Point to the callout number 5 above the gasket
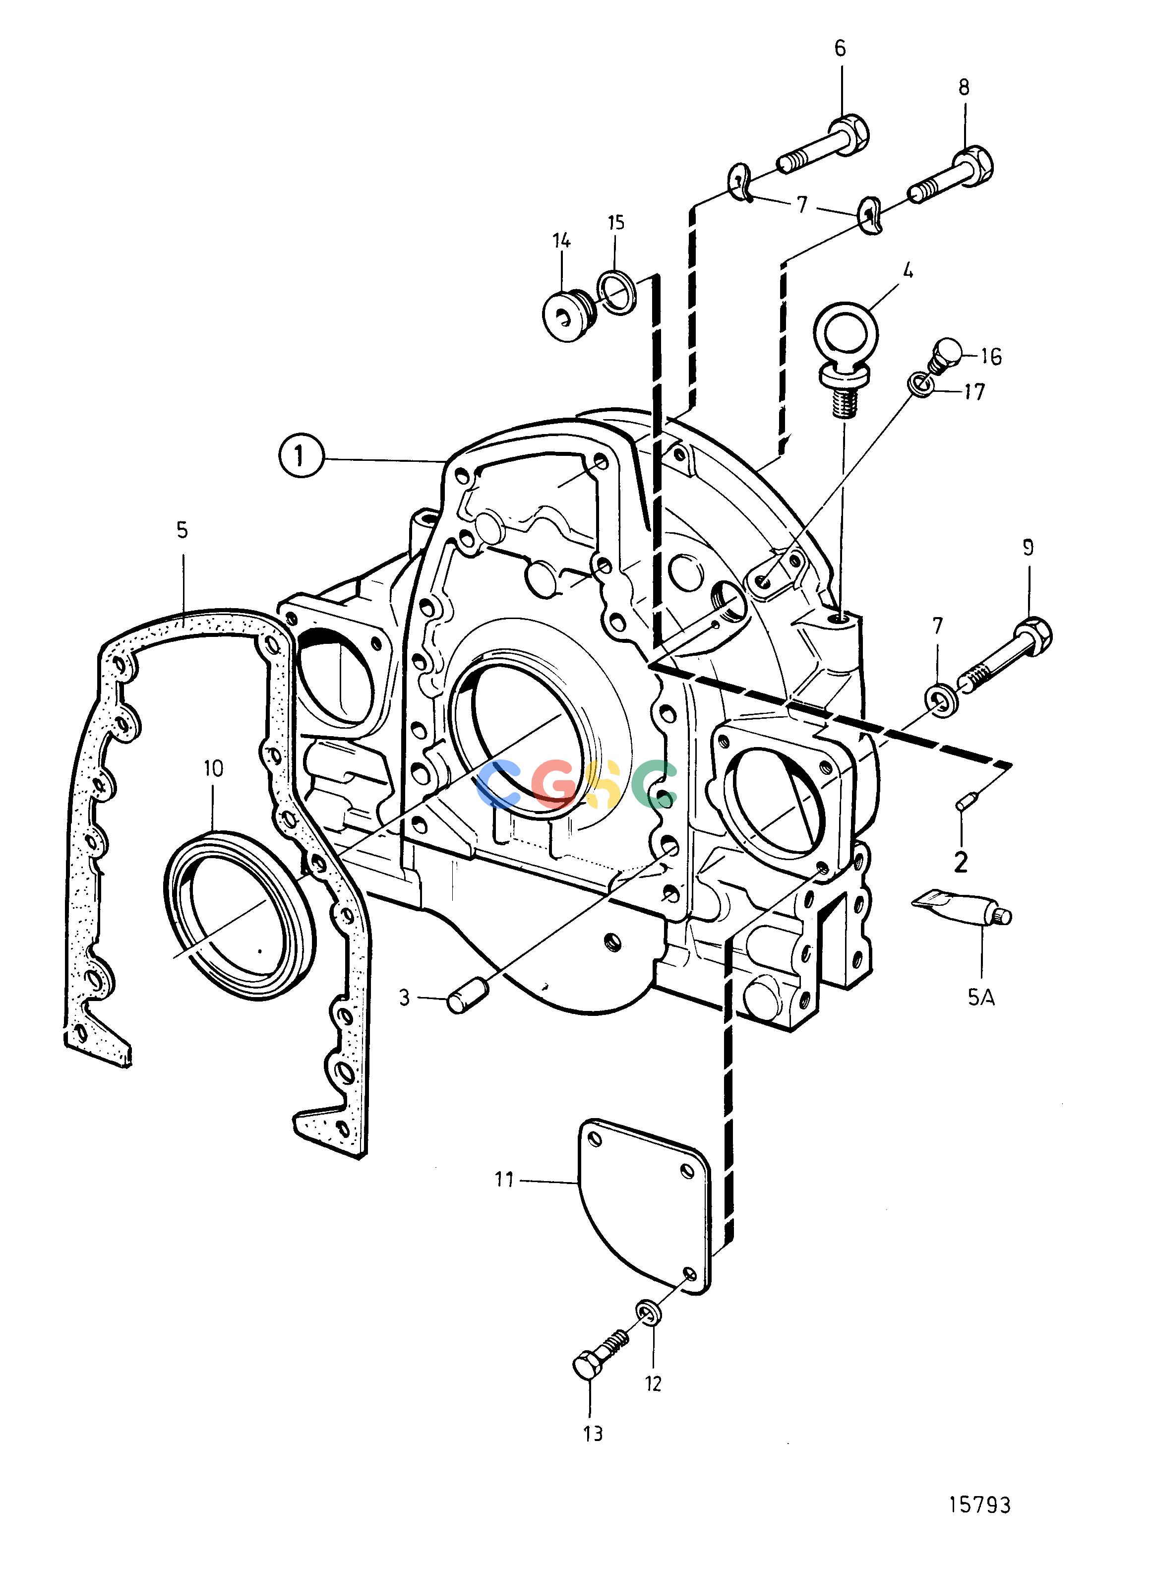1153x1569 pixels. coord(182,531)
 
